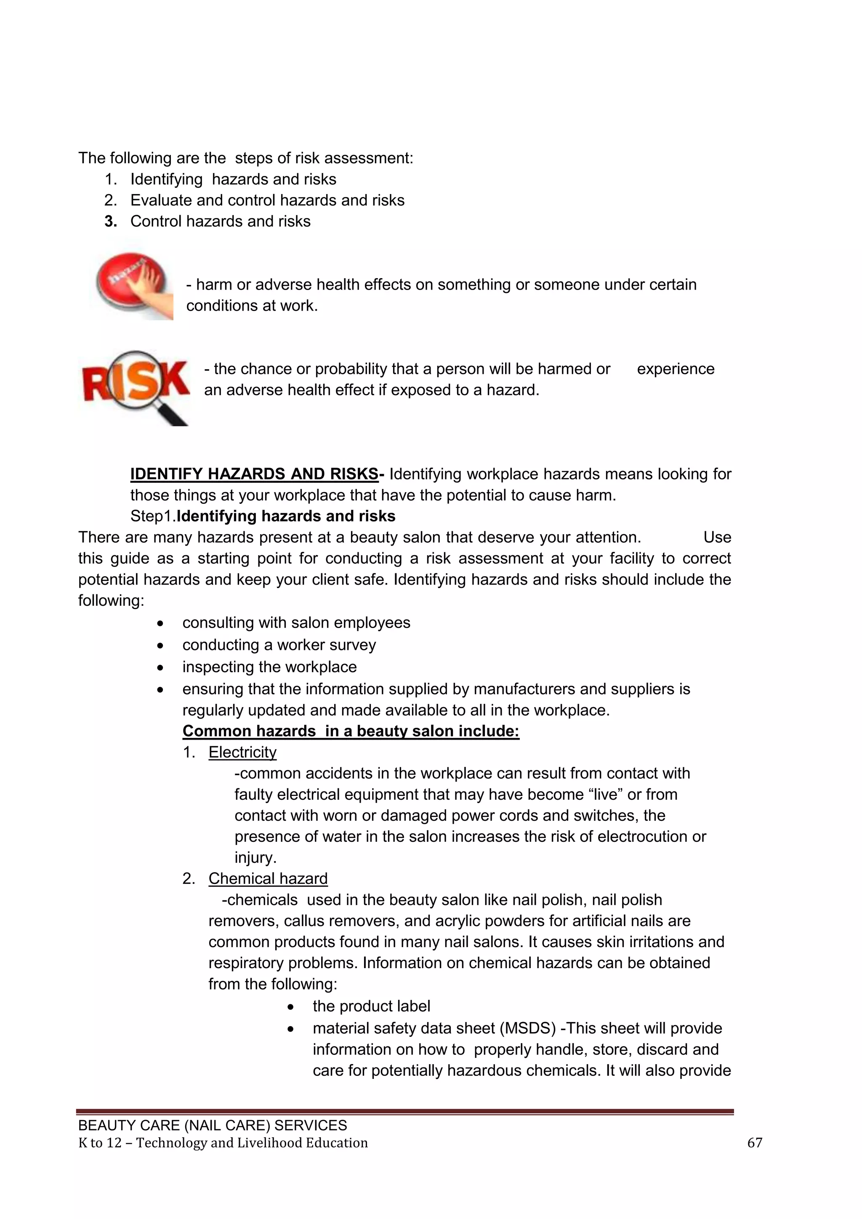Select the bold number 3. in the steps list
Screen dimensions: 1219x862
(x=110, y=221)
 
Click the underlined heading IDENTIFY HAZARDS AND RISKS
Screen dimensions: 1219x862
(x=254, y=474)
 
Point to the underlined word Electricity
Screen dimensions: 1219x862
(x=242, y=752)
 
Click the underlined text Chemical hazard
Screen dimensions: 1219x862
(x=268, y=878)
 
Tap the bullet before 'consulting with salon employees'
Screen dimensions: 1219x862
(x=160, y=623)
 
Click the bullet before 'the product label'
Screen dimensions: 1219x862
(x=290, y=1006)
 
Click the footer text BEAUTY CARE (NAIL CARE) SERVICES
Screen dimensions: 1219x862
(x=212, y=1126)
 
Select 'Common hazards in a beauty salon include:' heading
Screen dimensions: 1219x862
(x=350, y=731)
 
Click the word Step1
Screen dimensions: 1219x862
(x=153, y=516)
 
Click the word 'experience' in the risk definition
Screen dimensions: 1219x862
(x=675, y=369)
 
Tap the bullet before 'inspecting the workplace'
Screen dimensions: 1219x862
(x=160, y=667)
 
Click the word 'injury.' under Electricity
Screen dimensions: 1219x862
(x=255, y=857)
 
